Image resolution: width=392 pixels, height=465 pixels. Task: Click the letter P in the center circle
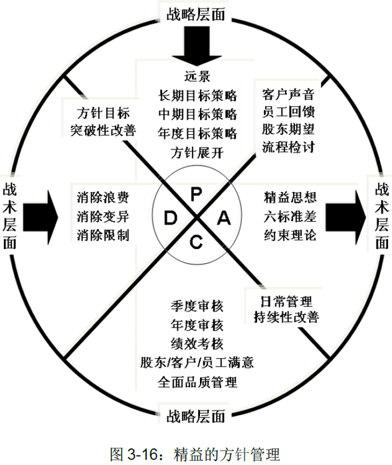coord(196,194)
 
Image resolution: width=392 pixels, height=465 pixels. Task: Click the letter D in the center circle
coord(171,218)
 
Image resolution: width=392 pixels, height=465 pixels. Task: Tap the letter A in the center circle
coord(224,218)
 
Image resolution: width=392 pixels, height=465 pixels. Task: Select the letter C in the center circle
coord(196,242)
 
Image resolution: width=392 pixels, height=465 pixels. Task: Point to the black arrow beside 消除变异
coord(41,217)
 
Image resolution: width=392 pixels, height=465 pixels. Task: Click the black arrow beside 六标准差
coord(345,217)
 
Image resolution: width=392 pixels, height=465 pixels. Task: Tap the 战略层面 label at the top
coord(196,14)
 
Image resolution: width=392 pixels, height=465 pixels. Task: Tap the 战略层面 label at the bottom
coord(196,416)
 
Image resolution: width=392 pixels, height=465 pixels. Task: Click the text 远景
coord(197,76)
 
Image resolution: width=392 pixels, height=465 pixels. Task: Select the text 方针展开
coord(197,153)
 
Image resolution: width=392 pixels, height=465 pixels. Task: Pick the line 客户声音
coord(288,94)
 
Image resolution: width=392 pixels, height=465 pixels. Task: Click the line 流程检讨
coord(288,147)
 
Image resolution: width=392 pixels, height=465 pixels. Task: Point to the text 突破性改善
coord(103,130)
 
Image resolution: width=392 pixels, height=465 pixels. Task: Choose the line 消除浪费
coord(103,197)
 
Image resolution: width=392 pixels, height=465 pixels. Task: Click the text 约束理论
coord(290,235)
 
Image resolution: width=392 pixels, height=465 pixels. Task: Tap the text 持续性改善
coord(286,317)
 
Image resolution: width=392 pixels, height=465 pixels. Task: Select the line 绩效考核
coord(197,343)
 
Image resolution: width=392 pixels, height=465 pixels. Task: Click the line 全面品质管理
coord(197,382)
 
